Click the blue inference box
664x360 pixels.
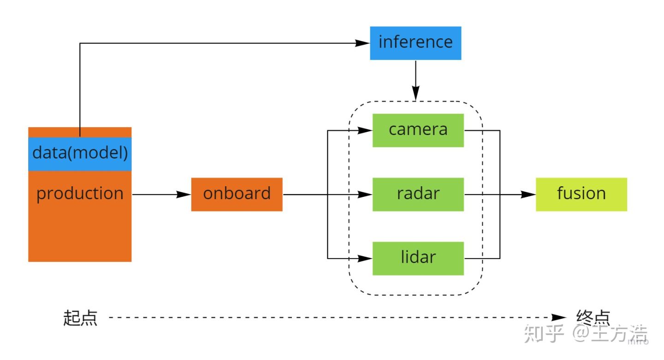tap(415, 43)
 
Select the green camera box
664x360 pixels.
tap(418, 130)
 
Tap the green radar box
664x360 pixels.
tap(418, 194)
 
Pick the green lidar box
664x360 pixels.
tap(418, 258)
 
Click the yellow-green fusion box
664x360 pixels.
tap(581, 194)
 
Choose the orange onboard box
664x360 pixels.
tap(237, 194)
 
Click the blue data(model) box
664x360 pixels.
tap(80, 153)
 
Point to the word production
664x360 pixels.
tap(80, 194)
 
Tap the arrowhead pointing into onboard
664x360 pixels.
tap(184, 195)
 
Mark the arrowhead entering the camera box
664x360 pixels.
tap(366, 130)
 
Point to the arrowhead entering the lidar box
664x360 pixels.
tap(366, 259)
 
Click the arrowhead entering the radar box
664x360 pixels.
tap(366, 195)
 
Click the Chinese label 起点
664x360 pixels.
tap(80, 318)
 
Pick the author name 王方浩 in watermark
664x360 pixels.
tap(622, 333)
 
